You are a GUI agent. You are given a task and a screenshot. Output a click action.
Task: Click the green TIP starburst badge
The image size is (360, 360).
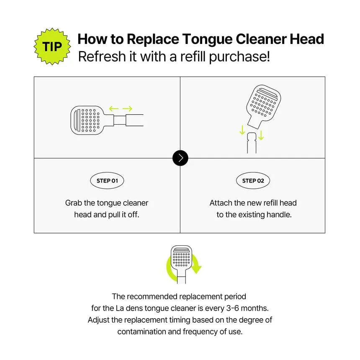click(x=52, y=46)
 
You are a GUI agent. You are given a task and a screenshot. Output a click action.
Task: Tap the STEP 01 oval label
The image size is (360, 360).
click(x=107, y=181)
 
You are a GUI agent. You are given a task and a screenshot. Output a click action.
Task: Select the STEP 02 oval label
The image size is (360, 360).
click(x=253, y=181)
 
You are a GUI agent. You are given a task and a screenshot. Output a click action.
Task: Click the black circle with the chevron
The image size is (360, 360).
click(x=180, y=158)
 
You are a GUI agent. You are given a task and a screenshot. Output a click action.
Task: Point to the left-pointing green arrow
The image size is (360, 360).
click(x=113, y=108)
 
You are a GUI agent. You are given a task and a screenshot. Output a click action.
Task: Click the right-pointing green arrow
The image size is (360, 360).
click(x=127, y=108)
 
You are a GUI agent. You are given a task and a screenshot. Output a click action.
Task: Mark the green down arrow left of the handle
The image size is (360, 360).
click(x=242, y=130)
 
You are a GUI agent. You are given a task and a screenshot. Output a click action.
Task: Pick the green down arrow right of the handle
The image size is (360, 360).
click(x=261, y=135)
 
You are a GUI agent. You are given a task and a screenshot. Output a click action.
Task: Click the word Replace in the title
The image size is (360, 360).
click(x=153, y=39)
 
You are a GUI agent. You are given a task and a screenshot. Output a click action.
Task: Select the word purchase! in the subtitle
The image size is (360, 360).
click(x=239, y=57)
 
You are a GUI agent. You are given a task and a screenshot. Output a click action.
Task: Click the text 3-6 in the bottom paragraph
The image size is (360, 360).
click(x=233, y=308)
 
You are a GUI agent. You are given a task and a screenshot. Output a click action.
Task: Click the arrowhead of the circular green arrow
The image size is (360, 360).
click(x=196, y=269)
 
